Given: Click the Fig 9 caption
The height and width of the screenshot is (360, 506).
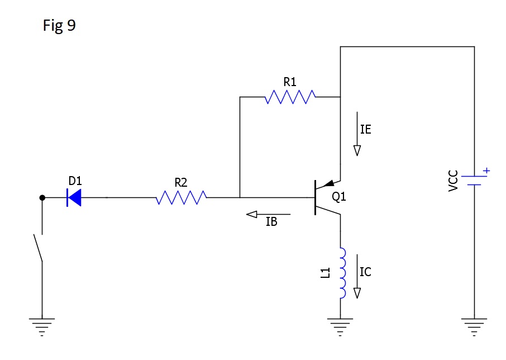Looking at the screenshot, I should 59,26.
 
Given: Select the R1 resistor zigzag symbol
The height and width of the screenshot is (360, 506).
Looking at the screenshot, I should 290,97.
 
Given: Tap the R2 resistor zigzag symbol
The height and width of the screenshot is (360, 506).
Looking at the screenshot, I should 181,197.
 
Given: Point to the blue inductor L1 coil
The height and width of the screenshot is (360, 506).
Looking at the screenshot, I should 342,273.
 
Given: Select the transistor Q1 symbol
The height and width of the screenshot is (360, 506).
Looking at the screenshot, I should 324,197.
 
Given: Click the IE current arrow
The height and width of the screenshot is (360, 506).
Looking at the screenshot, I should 357,135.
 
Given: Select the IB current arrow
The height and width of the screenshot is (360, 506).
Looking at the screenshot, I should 268,214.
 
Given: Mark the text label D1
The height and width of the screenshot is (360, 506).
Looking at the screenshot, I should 75,181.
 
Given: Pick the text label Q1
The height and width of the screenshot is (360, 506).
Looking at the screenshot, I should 339,197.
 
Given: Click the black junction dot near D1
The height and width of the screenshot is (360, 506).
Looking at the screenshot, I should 42,197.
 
